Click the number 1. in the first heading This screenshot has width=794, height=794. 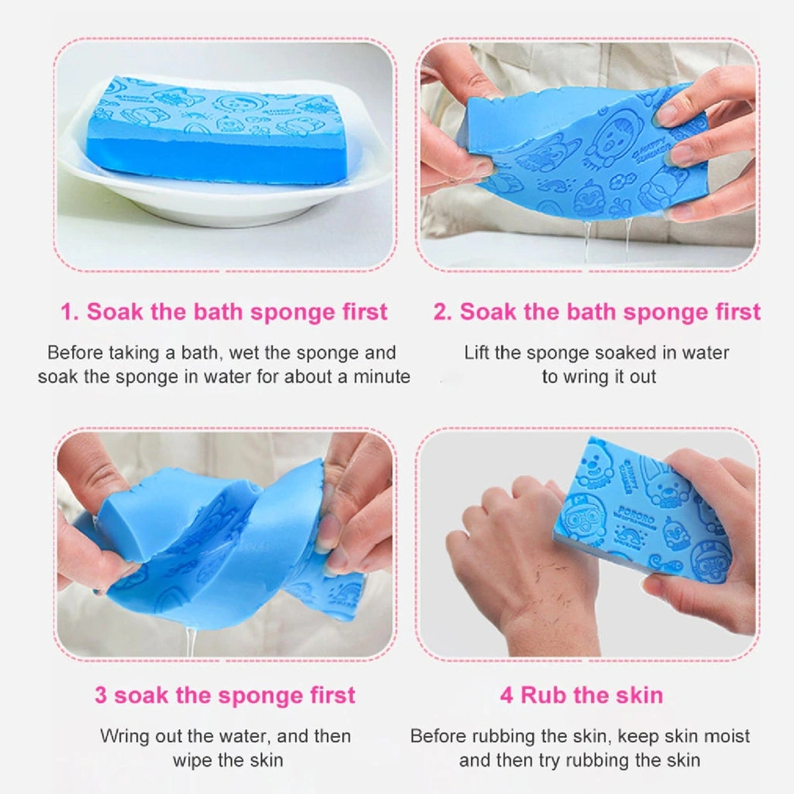(70, 312)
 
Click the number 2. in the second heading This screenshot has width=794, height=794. (443, 312)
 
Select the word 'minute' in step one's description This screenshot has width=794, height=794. (382, 377)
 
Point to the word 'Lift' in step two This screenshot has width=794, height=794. (476, 353)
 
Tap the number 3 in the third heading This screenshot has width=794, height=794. (101, 695)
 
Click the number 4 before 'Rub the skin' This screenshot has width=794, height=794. (506, 695)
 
